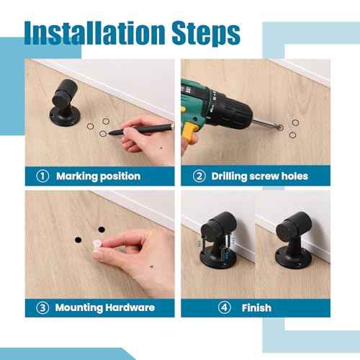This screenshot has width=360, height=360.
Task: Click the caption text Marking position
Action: (x=98, y=176)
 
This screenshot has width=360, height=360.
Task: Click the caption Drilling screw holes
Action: (x=261, y=176)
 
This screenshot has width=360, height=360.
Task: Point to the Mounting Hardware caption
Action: (x=105, y=307)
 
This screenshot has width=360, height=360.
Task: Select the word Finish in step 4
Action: (x=256, y=307)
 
